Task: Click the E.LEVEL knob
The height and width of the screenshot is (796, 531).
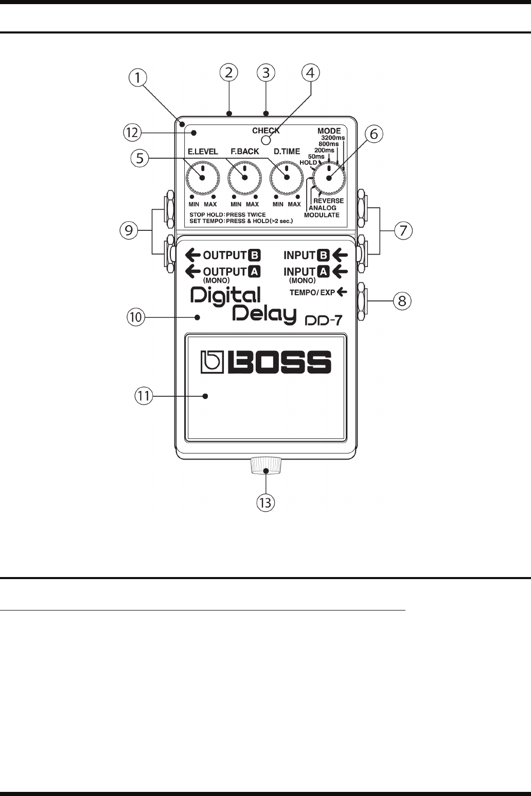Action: (x=202, y=177)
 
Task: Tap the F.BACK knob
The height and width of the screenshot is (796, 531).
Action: (x=244, y=177)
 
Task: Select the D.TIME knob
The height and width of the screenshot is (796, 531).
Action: (x=287, y=177)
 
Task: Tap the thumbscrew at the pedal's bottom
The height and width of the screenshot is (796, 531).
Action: (x=266, y=465)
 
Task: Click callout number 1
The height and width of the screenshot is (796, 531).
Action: (x=137, y=79)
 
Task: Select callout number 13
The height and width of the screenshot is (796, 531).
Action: (x=266, y=502)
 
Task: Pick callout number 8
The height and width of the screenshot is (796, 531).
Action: (x=402, y=301)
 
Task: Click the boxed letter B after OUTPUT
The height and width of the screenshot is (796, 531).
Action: (x=256, y=254)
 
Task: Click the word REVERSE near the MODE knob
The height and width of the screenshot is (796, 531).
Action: (x=328, y=201)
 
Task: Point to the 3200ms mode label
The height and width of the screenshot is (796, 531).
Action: (x=333, y=138)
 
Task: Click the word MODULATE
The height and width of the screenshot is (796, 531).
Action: (x=322, y=215)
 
